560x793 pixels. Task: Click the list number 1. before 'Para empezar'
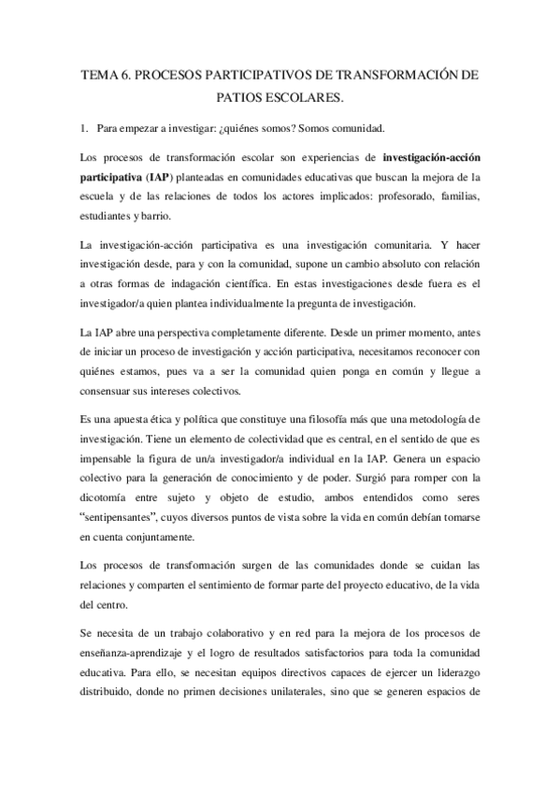tap(86, 127)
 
